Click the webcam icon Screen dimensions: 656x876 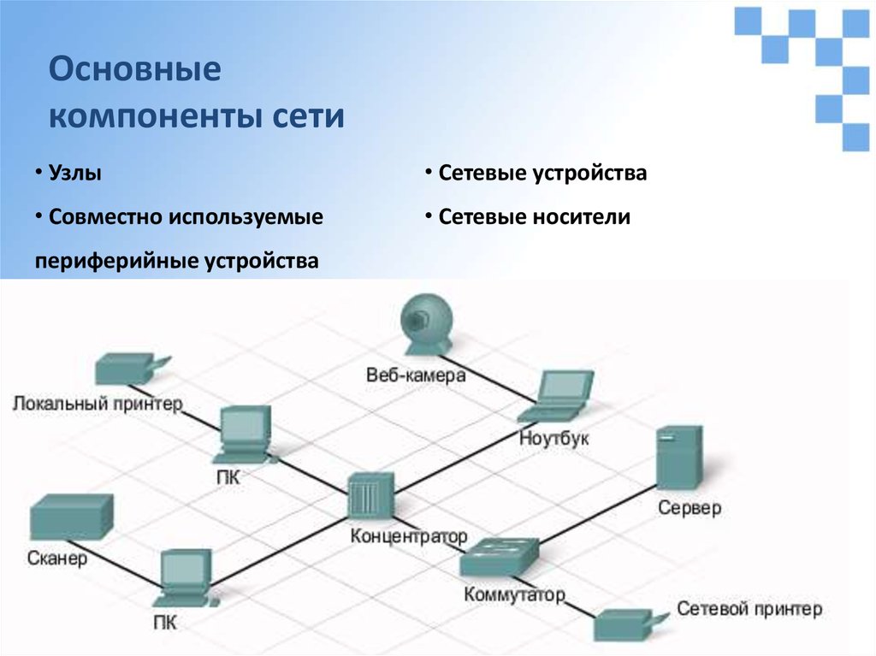pos(425,323)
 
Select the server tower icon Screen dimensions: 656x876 pos(678,457)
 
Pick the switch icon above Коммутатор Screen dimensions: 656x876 pos(499,558)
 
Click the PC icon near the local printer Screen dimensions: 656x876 pos(246,431)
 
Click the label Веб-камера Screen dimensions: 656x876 pos(416,375)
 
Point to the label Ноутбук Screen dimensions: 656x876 pos(554,438)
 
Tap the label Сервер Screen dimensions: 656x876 pos(690,508)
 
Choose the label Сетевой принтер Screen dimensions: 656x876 pos(749,609)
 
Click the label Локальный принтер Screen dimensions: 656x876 pos(98,403)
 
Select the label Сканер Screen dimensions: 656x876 pos(57,559)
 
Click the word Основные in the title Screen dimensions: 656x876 pos(134,69)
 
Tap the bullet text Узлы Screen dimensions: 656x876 pos(75,174)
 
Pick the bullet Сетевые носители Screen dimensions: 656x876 pos(535,217)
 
